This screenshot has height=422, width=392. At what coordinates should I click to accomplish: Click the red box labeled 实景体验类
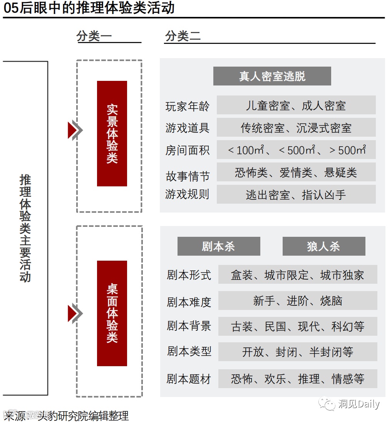112,133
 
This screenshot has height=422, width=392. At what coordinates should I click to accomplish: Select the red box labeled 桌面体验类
112,313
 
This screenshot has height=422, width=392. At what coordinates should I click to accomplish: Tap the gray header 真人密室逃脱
272,76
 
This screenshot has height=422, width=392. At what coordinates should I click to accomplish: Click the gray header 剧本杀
218,246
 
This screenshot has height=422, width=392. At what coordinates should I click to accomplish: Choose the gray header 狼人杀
323,246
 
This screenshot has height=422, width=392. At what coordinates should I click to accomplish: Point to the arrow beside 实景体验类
75,130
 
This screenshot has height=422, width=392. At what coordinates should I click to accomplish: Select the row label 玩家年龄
187,106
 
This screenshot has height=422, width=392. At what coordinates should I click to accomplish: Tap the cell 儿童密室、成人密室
296,105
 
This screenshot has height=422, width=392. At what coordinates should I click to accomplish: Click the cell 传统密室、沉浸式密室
296,127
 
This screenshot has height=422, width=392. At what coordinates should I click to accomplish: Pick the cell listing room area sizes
296,150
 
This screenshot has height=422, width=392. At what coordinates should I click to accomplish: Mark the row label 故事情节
187,176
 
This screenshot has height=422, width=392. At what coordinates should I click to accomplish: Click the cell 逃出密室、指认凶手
296,194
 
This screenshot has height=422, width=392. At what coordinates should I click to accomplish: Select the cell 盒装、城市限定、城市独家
297,275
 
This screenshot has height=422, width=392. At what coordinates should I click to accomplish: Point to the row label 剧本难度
189,302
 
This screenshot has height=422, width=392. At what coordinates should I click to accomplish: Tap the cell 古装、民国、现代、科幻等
297,327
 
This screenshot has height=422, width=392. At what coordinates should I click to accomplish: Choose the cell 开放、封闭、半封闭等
297,352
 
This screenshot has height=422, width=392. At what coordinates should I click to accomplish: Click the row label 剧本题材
189,379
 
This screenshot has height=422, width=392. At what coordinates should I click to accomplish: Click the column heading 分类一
94,36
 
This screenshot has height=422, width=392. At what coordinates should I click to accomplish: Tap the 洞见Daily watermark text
358,404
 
